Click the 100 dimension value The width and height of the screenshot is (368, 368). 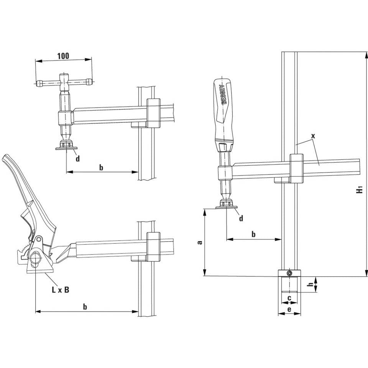63,56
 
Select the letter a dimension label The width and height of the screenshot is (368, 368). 199,242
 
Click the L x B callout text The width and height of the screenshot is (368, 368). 61,290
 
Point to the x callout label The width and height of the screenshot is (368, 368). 313,136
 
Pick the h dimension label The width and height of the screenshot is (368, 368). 311,284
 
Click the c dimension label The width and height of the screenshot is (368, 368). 289,297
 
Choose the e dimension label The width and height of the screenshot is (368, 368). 289,309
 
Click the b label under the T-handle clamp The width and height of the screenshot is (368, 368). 101,167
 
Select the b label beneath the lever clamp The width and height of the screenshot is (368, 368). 85,306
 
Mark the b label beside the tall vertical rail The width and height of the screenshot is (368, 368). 253,234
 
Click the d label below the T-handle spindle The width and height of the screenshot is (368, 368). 78,158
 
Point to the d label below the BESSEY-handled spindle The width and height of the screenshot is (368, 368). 241,219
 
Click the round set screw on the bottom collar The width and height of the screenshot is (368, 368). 289,273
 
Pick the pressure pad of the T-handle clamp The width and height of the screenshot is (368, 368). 66,148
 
